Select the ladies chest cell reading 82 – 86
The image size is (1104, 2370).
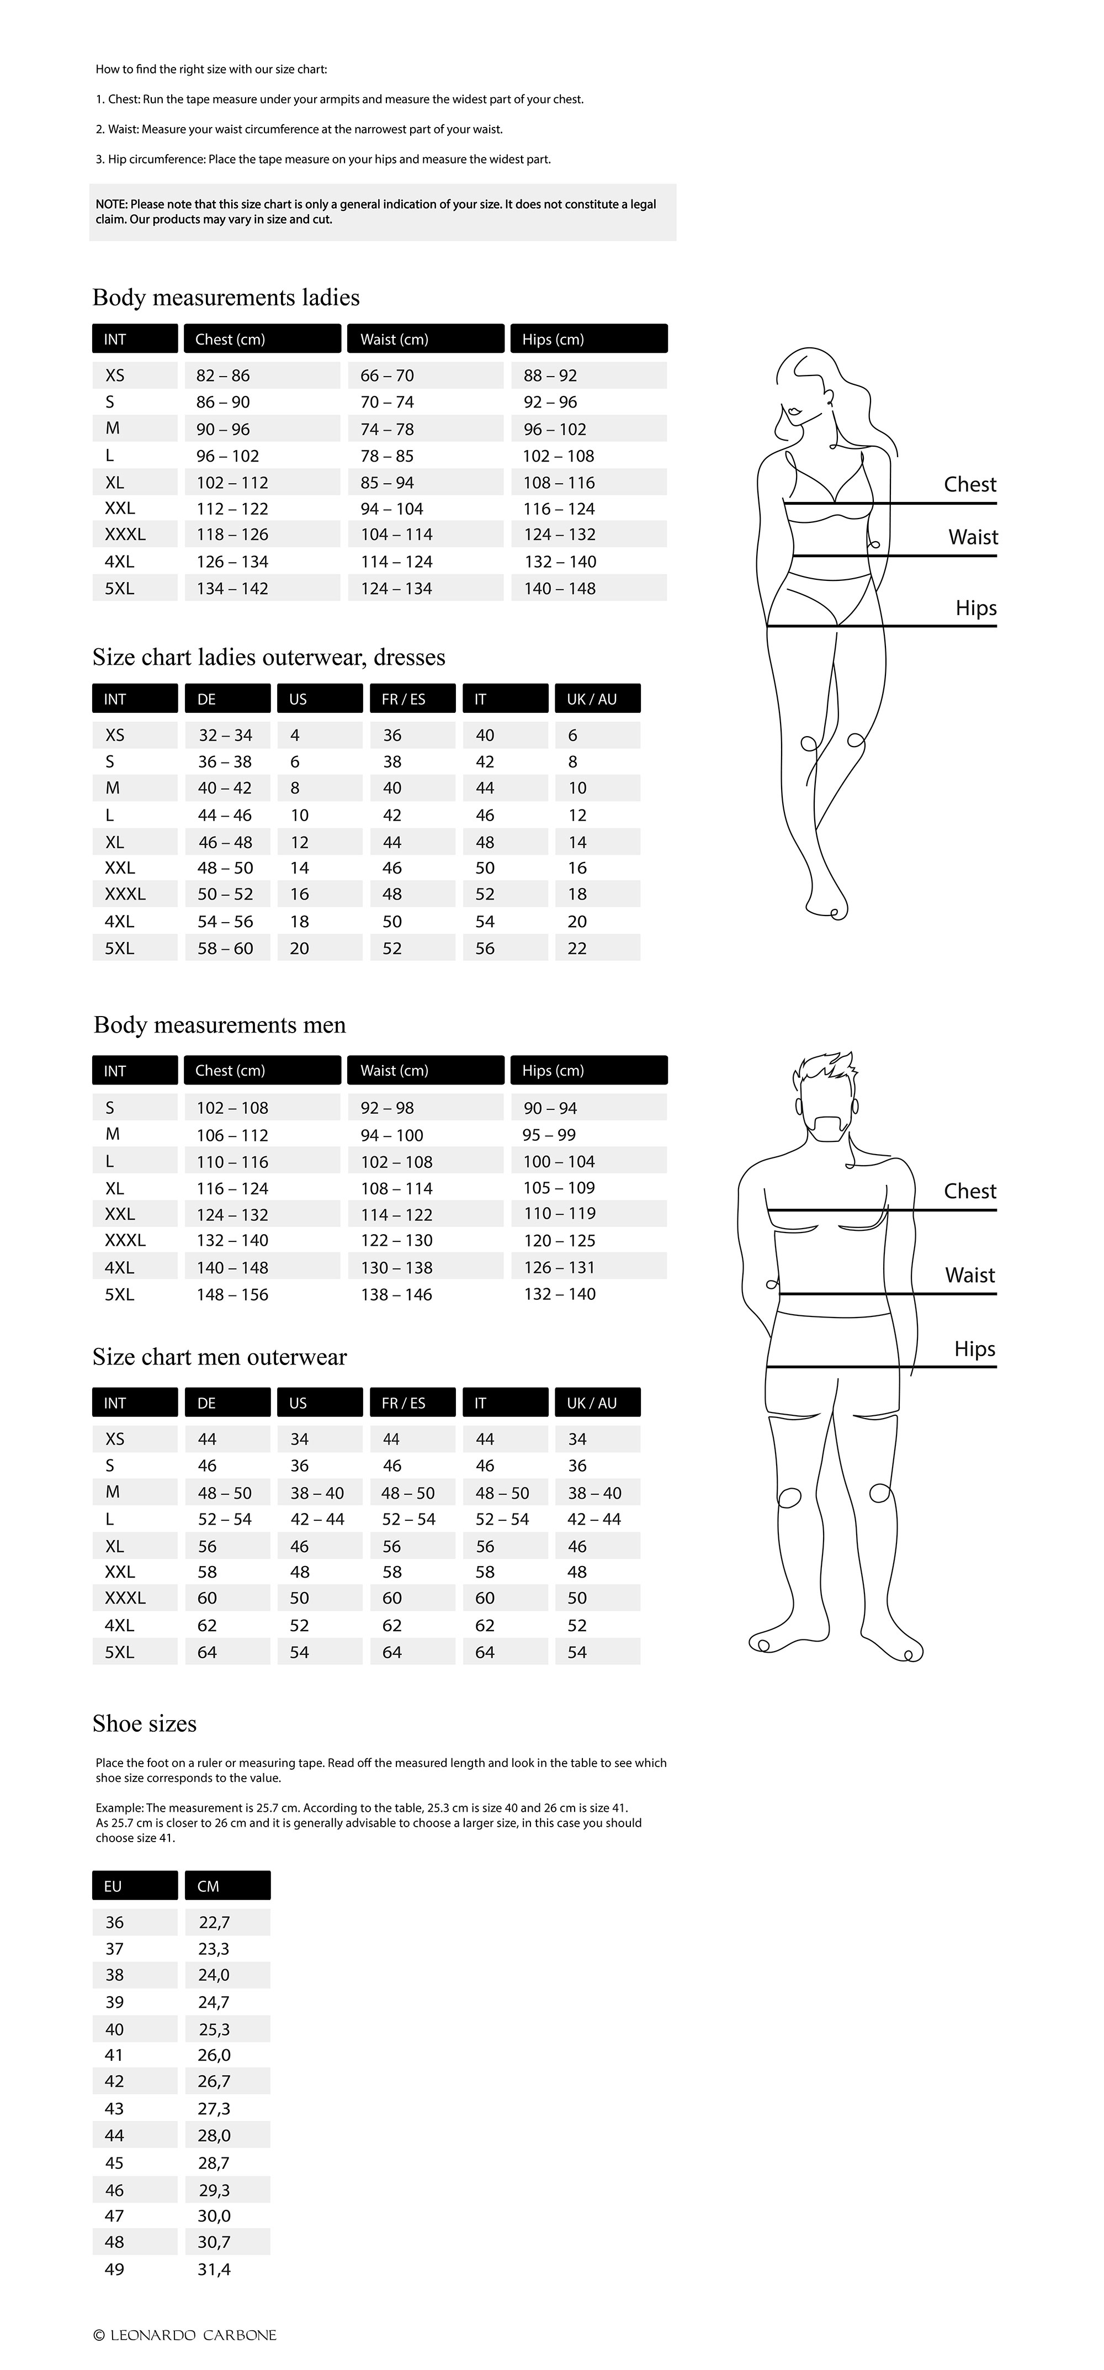222,375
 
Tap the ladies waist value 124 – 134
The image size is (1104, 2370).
396,589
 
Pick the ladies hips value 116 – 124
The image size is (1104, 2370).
559,509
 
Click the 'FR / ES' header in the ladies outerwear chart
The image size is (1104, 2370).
404,699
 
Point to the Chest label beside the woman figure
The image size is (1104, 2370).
970,485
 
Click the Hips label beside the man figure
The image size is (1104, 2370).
974,1350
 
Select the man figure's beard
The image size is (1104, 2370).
829,1127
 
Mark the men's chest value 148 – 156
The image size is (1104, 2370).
232,1294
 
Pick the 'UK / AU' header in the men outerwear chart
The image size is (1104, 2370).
592,1403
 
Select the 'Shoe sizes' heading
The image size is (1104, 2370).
145,1724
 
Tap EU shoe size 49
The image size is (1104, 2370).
114,2270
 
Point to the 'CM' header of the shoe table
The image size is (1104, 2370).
208,1886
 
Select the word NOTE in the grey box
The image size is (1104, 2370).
112,204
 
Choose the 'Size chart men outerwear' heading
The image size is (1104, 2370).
219,1358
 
